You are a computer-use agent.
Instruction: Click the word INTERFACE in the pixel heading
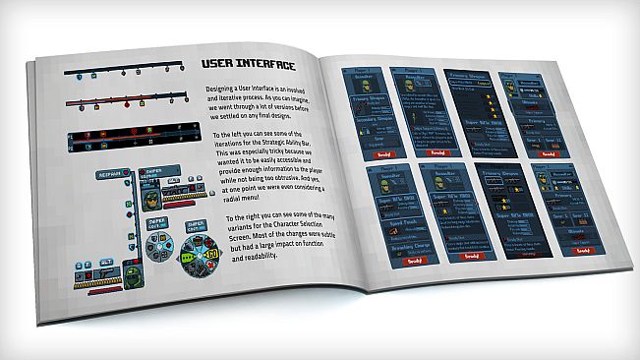264,66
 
